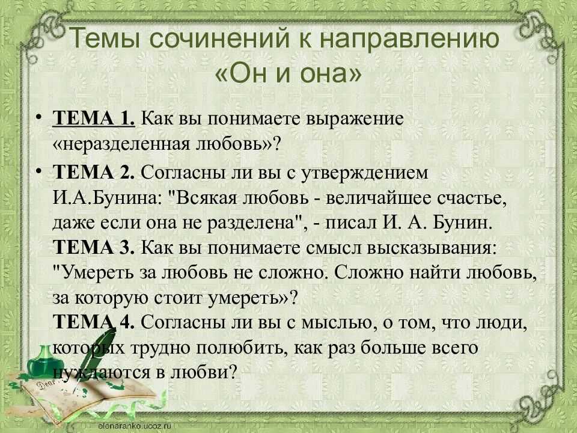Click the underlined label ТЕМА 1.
pyautogui.click(x=94, y=118)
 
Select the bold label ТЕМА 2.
pyautogui.click(x=94, y=172)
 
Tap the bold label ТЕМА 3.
pyautogui.click(x=94, y=247)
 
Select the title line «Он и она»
pyautogui.click(x=288, y=72)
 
